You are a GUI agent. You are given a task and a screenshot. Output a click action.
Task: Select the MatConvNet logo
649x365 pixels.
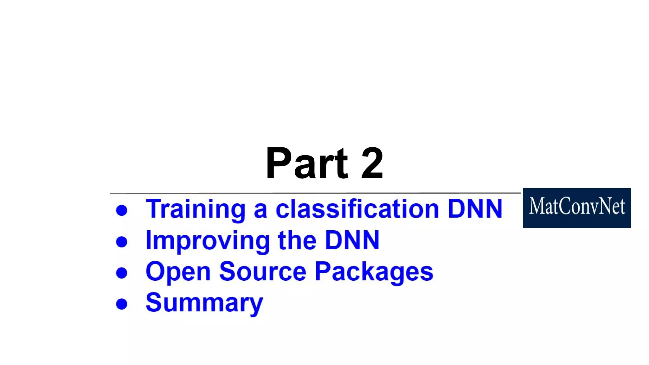[x=577, y=208]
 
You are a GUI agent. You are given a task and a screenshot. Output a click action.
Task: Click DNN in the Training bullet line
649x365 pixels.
[x=475, y=209]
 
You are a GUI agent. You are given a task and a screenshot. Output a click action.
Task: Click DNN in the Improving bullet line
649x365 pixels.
[x=352, y=240]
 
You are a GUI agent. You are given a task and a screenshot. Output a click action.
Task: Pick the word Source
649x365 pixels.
[x=263, y=272]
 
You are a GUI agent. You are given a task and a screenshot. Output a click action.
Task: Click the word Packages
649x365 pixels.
[x=374, y=272]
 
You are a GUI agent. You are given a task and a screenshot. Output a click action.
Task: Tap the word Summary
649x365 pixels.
[x=204, y=303]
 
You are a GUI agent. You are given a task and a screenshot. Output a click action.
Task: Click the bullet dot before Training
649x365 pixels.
[x=122, y=210]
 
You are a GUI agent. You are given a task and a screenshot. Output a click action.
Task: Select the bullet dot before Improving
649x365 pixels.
[x=122, y=242]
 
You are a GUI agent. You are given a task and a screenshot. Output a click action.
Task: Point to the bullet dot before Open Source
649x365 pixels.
[x=122, y=273]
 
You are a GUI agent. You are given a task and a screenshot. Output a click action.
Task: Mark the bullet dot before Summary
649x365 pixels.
[x=122, y=304]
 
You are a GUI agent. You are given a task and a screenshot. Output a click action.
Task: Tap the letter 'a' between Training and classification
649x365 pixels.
[x=260, y=210]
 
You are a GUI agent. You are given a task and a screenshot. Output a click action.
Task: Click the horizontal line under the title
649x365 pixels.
[x=315, y=193]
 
